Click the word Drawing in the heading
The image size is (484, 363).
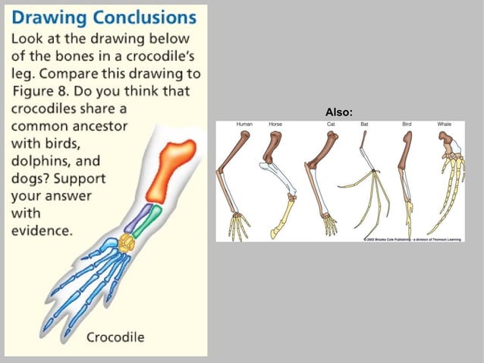[x=46, y=16]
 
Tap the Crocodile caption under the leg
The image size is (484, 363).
[x=115, y=336]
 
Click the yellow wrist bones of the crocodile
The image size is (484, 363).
[x=126, y=243]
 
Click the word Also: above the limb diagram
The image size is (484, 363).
[x=338, y=112]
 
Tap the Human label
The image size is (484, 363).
[x=244, y=124]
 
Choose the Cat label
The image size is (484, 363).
[x=330, y=124]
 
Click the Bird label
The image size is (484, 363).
[x=406, y=124]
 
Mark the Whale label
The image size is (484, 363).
[x=444, y=124]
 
